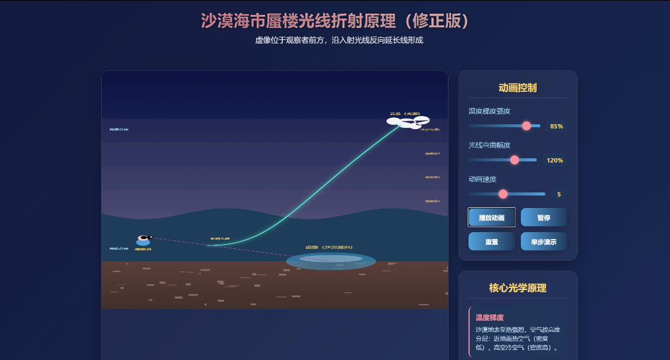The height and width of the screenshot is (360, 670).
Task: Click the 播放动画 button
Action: pyautogui.click(x=491, y=217)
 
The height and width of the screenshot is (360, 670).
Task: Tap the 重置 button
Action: pyautogui.click(x=491, y=241)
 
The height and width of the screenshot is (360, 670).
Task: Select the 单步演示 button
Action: pyautogui.click(x=543, y=241)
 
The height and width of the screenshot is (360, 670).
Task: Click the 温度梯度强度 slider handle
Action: pyautogui.click(x=527, y=126)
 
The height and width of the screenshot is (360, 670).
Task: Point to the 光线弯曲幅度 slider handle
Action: pyautogui.click(x=514, y=160)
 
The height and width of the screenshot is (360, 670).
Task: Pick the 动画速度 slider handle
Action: pyautogui.click(x=503, y=194)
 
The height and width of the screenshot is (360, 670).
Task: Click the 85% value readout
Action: pyautogui.click(x=556, y=126)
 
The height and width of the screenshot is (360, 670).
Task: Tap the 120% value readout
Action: pyautogui.click(x=555, y=160)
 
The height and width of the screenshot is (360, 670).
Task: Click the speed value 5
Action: pyautogui.click(x=558, y=194)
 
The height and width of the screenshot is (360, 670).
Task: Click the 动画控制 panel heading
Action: pyautogui.click(x=517, y=88)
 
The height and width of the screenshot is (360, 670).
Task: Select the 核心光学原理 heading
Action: pyautogui.click(x=517, y=288)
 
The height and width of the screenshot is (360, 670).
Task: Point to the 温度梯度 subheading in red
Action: pyautogui.click(x=489, y=317)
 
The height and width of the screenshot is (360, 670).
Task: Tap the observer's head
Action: pyautogui.click(x=144, y=237)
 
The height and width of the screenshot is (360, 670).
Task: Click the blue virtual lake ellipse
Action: pyautogui.click(x=331, y=261)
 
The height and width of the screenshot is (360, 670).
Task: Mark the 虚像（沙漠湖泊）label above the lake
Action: pyautogui.click(x=324, y=248)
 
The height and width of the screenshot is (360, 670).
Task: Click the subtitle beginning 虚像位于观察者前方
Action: pyautogui.click(x=339, y=40)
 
